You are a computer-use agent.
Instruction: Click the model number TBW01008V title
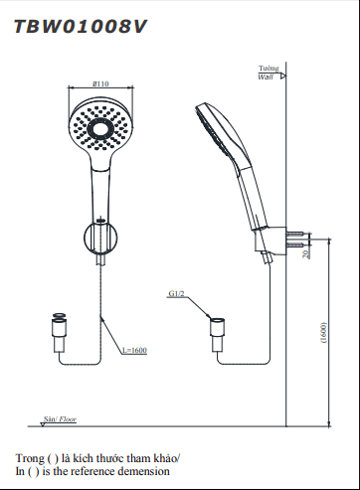81,27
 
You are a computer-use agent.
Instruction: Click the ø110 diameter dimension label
100,83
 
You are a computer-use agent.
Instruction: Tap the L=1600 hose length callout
134,350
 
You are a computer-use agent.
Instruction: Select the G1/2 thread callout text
176,293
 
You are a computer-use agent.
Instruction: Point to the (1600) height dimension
324,333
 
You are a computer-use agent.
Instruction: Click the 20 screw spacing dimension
306,253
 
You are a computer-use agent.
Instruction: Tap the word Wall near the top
266,77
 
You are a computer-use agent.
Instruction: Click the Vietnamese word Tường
269,68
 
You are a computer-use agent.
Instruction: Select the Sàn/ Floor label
60,419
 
